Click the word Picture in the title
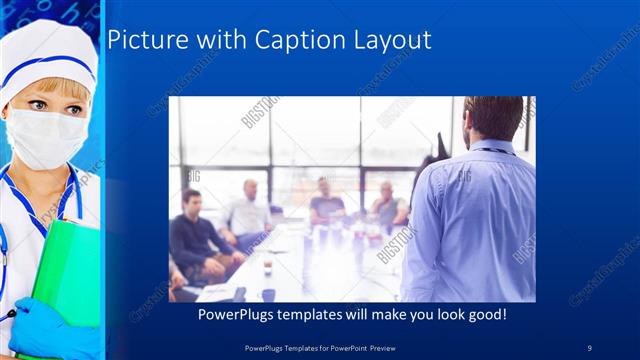[x=139, y=40]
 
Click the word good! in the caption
[x=484, y=315]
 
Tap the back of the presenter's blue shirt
[x=470, y=220]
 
